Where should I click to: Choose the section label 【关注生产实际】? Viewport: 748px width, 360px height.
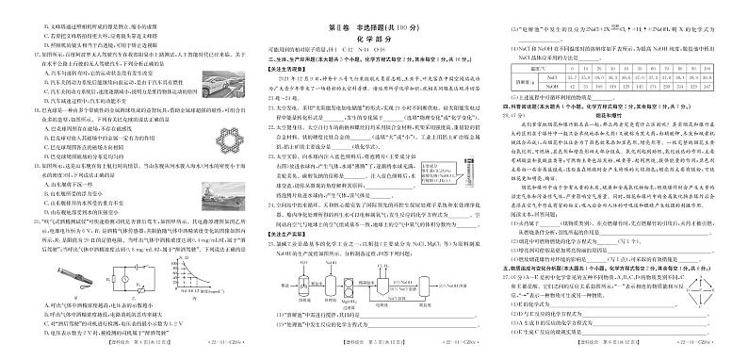tap(273, 232)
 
